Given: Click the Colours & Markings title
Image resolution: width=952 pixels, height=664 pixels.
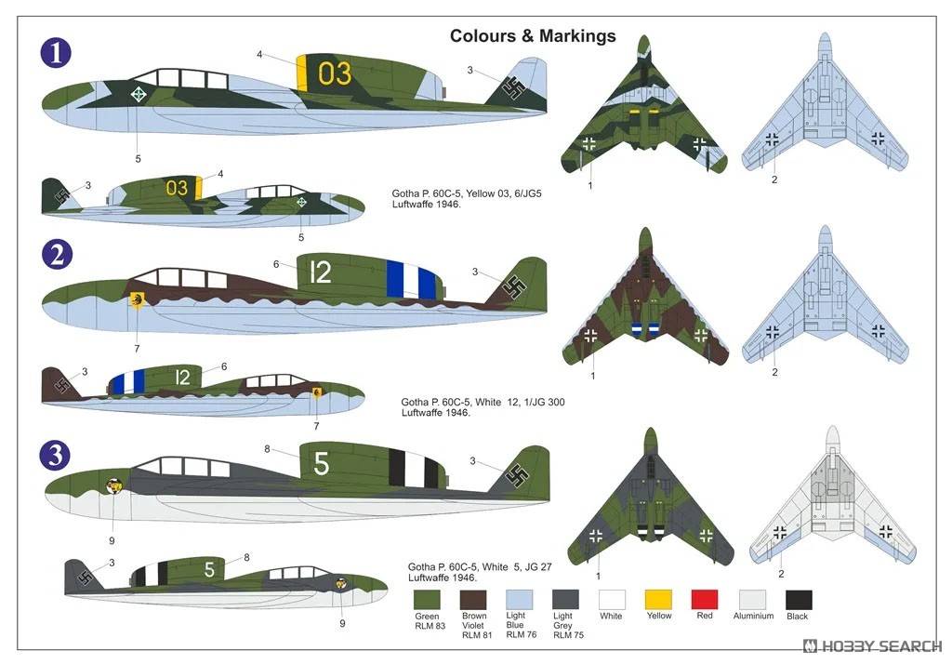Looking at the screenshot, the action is click(533, 36).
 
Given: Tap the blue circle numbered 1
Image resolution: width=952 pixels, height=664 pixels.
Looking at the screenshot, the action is click(56, 53).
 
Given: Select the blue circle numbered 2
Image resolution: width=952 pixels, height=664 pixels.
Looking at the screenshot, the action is click(57, 255).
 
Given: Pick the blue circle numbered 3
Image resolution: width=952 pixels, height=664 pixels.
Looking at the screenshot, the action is click(55, 455).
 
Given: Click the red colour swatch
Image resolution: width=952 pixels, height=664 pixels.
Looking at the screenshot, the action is click(705, 599).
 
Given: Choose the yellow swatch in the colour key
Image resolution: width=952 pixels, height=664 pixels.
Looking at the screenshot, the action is click(658, 599).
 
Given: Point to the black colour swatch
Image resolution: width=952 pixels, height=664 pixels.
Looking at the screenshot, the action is click(799, 600).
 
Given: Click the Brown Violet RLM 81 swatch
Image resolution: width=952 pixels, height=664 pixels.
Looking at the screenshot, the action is click(473, 600).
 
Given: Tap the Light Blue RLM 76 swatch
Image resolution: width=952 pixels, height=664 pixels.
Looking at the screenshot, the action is click(519, 600).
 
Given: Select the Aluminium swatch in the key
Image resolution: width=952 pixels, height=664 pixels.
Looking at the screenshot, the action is click(752, 600).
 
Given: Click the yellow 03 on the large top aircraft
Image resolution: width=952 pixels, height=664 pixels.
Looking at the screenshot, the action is click(335, 73).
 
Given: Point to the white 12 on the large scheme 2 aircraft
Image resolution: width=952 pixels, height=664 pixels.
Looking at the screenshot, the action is click(320, 272).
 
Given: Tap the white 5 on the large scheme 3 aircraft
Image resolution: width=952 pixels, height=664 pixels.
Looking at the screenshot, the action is click(321, 464).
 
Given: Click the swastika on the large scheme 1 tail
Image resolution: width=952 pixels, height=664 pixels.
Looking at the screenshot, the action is click(514, 87).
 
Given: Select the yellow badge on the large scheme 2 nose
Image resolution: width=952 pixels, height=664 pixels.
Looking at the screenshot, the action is click(138, 299).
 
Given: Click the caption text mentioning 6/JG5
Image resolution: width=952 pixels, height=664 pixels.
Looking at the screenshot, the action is click(467, 199).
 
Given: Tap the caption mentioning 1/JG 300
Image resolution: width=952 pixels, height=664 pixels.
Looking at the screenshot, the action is click(483, 407).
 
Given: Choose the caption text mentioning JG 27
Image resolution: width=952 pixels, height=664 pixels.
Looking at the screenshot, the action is click(480, 572).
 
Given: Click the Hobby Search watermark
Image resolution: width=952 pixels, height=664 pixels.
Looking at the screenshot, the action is click(872, 645).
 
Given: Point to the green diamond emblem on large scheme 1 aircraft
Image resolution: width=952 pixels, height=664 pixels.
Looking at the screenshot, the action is click(139, 94).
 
